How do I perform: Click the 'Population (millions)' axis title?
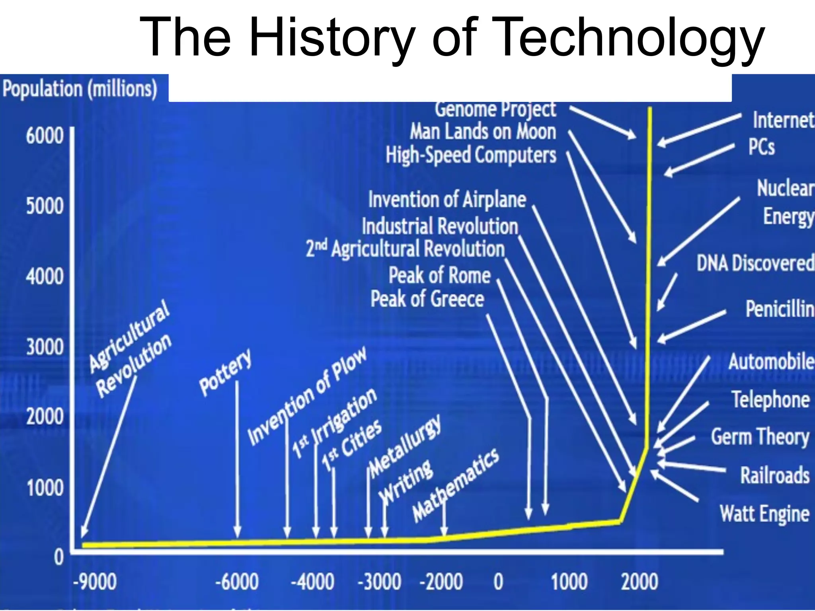[x=80, y=88]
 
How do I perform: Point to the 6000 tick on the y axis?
[x=45, y=136]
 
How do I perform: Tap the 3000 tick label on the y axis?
[x=45, y=347]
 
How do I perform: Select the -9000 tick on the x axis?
[x=95, y=582]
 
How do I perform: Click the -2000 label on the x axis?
[x=441, y=582]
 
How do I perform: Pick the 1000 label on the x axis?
[x=569, y=582]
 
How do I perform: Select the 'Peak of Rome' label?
[x=439, y=275]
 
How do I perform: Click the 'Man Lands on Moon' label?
[x=483, y=132]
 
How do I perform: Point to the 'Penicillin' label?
[x=779, y=309]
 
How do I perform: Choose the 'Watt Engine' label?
[x=764, y=513]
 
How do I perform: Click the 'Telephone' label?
[x=770, y=399]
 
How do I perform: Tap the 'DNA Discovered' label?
[x=755, y=263]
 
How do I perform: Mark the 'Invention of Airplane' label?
[x=447, y=199]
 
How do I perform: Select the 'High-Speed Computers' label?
[x=471, y=155]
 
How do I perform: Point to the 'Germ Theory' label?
[x=760, y=437]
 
